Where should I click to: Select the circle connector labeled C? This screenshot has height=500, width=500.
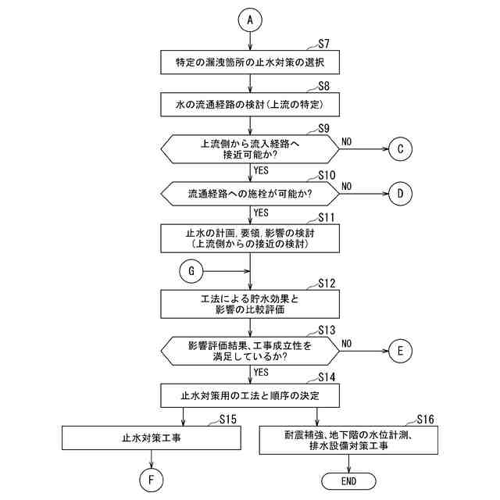click(x=400, y=148)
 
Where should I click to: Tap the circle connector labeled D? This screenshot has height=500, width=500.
click(x=400, y=192)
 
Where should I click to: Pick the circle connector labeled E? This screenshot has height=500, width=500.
click(x=400, y=351)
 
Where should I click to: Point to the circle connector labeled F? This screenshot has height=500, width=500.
click(x=151, y=478)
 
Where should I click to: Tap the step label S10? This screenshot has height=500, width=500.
click(x=327, y=174)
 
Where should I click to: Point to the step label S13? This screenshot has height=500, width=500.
click(x=327, y=330)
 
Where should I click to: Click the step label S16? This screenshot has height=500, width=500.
click(x=425, y=419)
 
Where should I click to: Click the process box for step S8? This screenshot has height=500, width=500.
click(x=251, y=104)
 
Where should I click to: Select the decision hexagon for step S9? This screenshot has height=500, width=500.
click(x=251, y=148)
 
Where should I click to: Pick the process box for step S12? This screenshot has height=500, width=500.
click(x=251, y=302)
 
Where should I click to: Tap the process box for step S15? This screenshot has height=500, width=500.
click(x=151, y=438)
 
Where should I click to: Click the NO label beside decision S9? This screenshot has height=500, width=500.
click(x=347, y=141)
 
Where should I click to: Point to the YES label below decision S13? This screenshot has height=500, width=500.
click(x=262, y=371)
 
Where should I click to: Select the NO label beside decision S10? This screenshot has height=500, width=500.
click(x=347, y=186)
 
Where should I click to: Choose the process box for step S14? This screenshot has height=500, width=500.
click(x=251, y=395)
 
